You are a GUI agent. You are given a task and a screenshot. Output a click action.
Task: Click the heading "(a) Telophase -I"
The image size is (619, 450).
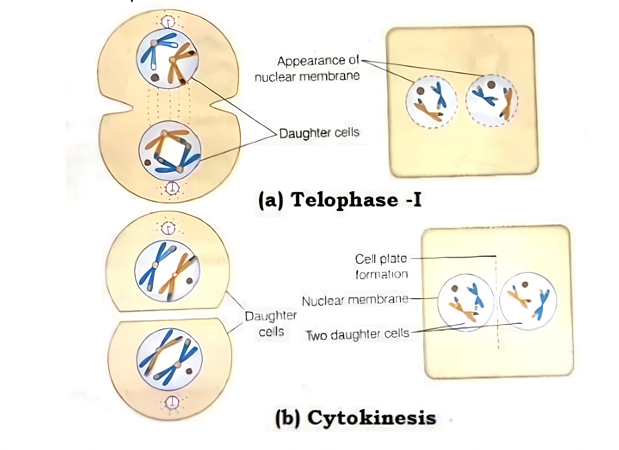point(340,200)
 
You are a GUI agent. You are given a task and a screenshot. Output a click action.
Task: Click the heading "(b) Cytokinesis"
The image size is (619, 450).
point(356,417)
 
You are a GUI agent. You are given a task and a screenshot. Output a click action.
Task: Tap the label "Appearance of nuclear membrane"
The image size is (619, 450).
point(307,68)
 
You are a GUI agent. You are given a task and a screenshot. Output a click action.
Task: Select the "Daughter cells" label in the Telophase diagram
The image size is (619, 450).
point(319,133)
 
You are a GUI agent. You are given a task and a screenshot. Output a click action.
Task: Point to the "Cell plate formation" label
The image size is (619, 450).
point(381,267)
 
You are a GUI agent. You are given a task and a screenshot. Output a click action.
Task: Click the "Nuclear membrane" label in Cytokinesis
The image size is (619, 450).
point(355,300)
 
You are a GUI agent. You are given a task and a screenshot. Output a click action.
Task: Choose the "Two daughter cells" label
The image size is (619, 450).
point(357,334)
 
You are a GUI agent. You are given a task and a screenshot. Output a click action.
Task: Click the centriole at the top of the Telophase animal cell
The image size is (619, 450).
point(168,22)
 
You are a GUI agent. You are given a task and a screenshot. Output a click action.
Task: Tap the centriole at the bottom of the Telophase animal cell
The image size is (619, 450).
point(172,188)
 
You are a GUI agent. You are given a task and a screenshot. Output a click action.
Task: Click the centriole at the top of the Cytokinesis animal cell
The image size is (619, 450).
point(168,228)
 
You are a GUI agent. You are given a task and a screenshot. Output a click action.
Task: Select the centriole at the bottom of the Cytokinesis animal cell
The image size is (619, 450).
point(172,402)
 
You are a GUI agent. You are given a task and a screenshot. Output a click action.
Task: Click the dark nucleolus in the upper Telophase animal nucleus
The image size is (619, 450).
point(155,78)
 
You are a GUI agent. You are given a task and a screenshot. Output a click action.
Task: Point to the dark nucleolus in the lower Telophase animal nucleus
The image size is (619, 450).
point(147,163)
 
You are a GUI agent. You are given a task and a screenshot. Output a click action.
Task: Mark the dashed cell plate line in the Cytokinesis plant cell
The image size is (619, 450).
point(497,303)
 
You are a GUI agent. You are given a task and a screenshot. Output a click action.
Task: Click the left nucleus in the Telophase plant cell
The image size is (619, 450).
point(431,102)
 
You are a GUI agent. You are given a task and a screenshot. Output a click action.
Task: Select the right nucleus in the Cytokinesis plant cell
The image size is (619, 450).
point(528,301)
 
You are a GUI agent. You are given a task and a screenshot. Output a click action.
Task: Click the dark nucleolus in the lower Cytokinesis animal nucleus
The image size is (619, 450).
point(189,371)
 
